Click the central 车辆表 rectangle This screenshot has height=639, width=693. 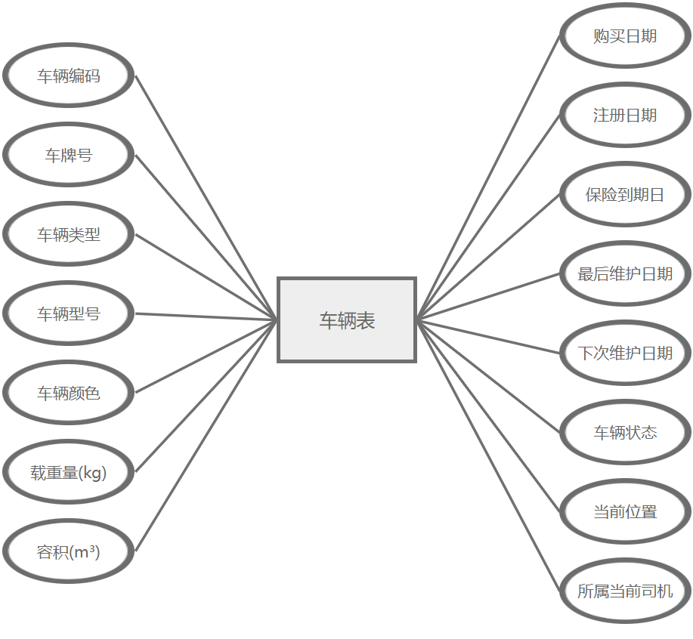point(347,320)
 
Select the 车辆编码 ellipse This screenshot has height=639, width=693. point(69,76)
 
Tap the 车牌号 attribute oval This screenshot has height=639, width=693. point(69,156)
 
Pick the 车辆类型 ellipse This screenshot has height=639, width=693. point(69,235)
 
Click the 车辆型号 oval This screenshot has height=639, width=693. point(69,314)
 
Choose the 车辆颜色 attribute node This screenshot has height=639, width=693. point(69,394)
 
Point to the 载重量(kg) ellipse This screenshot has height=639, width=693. point(69,473)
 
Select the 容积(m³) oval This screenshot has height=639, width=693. point(69,552)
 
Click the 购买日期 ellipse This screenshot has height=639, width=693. point(625,36)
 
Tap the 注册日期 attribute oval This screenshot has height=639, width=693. point(625,116)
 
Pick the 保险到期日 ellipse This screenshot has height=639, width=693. point(625,195)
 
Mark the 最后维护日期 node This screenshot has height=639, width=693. point(625,274)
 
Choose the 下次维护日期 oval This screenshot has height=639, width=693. point(625,353)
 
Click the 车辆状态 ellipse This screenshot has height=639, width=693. point(625,433)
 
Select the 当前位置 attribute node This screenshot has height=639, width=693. point(625,512)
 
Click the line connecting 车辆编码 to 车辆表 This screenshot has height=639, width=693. point(206,198)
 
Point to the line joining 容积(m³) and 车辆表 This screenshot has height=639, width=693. point(206,436)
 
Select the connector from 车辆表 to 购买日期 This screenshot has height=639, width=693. point(488,178)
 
